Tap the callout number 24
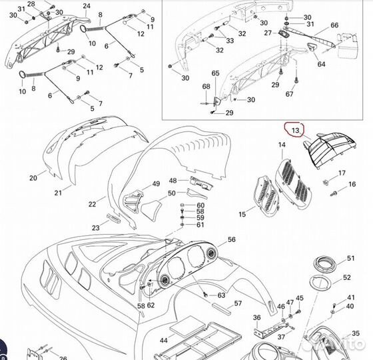coord(87,6)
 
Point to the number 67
coord(290,94)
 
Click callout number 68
coord(206,87)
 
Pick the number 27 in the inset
coord(268,33)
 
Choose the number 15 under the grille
coord(242,214)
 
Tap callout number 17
coord(342,173)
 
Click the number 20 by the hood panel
coord(33,178)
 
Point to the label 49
coord(156,184)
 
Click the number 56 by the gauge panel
coord(231,239)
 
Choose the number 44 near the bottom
coord(163,340)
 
